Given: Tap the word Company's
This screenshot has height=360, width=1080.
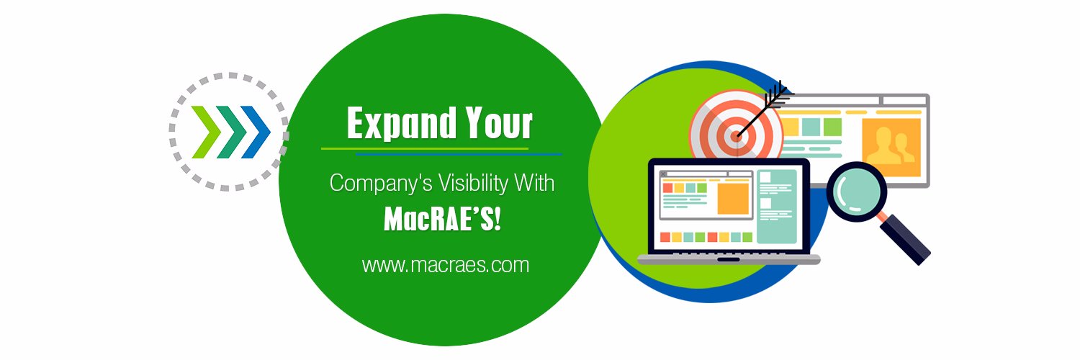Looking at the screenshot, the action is [x=381, y=184].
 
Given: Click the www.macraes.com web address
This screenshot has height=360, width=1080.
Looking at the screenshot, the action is [x=446, y=265].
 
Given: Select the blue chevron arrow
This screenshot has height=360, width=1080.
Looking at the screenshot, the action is [x=256, y=132].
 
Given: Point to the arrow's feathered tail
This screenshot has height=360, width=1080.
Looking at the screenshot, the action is [x=777, y=94].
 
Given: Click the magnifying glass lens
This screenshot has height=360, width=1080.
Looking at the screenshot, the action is [x=857, y=192].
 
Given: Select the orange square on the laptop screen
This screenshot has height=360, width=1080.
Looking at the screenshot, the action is [x=733, y=199].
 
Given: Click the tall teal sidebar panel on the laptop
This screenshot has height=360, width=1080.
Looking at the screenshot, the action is [x=776, y=206].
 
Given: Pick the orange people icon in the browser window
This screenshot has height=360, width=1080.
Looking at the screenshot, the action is [x=891, y=147].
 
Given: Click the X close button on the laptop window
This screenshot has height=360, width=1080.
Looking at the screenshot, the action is [x=663, y=174].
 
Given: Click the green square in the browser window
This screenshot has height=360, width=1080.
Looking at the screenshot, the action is [x=832, y=127].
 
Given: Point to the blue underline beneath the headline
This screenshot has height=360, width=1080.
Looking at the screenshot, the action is [x=459, y=154].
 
